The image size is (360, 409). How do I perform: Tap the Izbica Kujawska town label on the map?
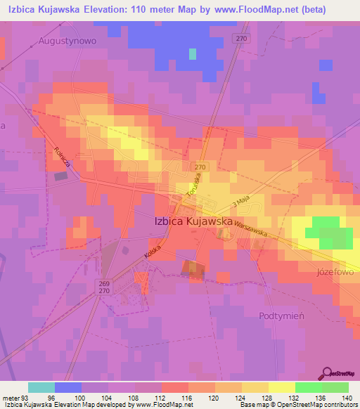(193, 221)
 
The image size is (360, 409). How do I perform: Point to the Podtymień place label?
(281, 316)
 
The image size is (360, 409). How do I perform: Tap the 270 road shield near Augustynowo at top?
(241, 39)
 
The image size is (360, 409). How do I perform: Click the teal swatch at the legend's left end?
(41, 387)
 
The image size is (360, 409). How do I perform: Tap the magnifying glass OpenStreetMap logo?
(327, 373)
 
